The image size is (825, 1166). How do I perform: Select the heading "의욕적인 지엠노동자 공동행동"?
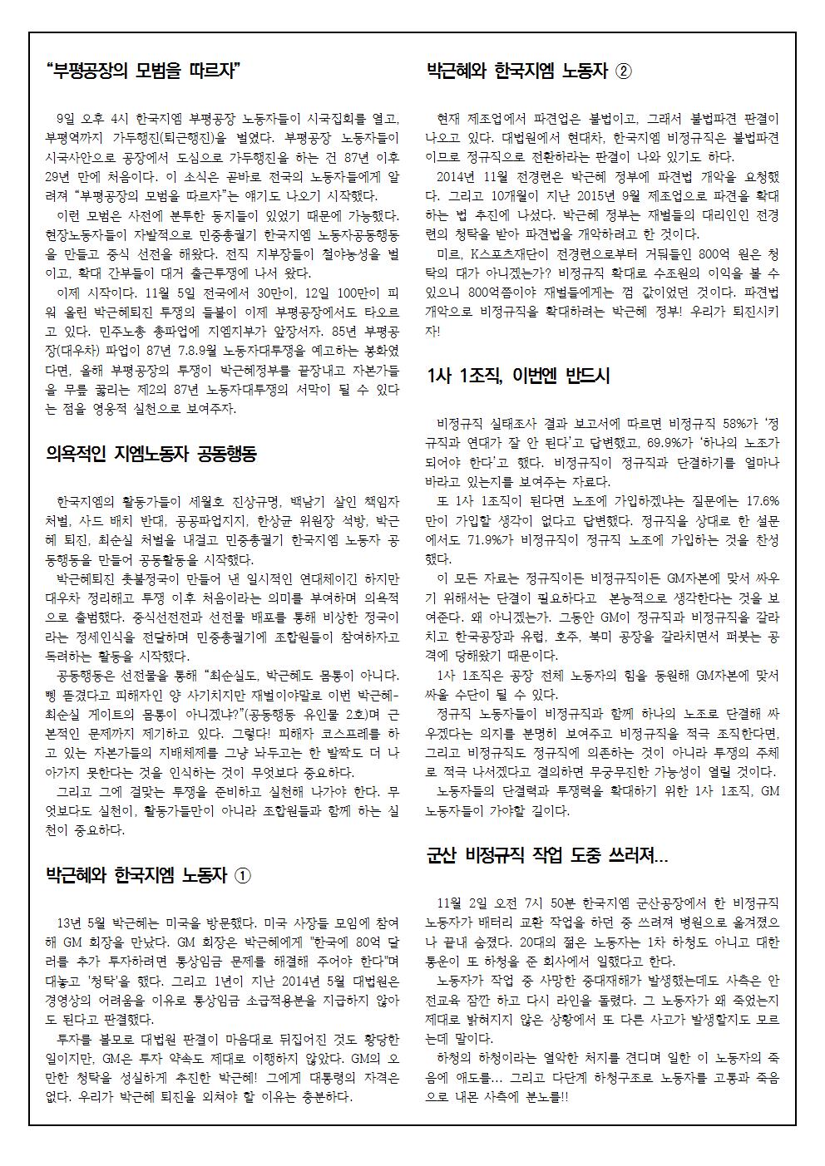click(151, 454)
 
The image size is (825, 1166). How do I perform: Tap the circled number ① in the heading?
click(242, 875)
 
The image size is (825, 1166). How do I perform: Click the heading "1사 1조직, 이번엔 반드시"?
click(517, 376)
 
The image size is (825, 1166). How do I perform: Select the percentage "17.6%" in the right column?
click(763, 501)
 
